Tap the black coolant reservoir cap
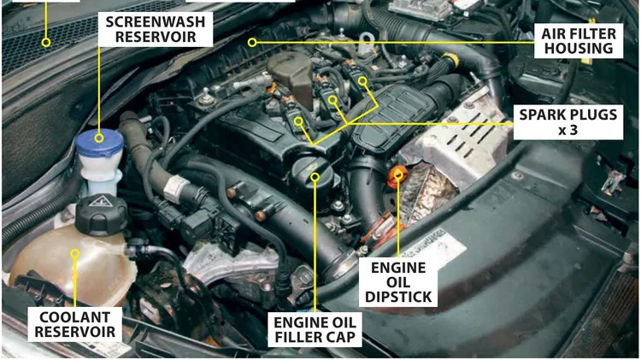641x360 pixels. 101,214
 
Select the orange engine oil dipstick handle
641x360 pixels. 396,178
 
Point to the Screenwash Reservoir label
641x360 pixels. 156,29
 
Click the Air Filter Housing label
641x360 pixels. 579,40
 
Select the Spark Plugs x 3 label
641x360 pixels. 568,122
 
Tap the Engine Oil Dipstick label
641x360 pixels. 398,282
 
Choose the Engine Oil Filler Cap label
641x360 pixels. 315,330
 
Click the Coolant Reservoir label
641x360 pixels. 75,324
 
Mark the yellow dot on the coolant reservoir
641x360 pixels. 74,254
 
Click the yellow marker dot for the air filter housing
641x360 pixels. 252,42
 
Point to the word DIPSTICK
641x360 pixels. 398,297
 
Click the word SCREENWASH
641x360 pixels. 156,21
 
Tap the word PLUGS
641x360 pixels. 592,115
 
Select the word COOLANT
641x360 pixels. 75,317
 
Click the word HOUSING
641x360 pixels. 579,48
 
